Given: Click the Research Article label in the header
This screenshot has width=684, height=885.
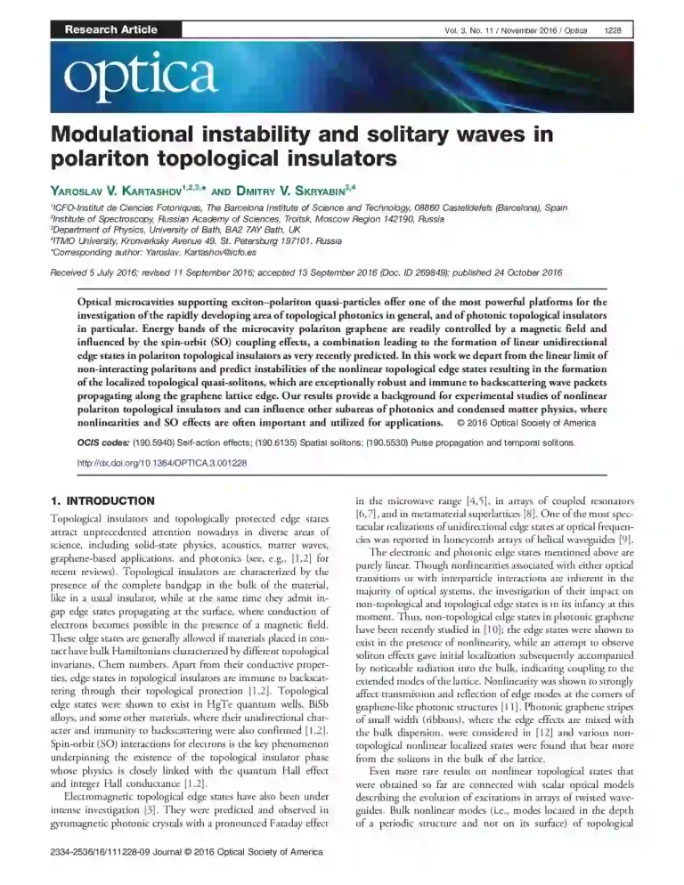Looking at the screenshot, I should (110, 29).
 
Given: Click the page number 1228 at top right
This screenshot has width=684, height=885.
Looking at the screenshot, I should (612, 30).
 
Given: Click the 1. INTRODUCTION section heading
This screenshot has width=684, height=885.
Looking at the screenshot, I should (103, 500).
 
